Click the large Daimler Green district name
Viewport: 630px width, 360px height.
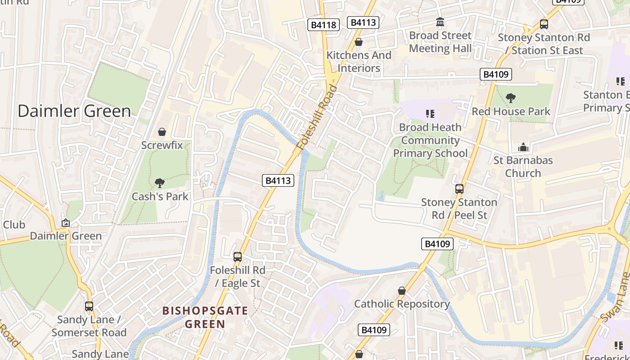74,111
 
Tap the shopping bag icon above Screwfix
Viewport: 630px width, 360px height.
162,132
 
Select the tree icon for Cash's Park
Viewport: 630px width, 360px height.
159,183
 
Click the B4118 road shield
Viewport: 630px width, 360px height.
324,25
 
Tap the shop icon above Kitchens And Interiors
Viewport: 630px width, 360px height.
359,42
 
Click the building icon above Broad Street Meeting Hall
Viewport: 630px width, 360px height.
440,22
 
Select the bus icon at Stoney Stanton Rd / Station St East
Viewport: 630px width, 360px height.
544,24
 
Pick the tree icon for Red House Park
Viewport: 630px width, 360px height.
510,98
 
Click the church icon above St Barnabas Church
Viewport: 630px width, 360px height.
523,147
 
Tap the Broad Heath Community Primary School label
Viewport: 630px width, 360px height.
430,140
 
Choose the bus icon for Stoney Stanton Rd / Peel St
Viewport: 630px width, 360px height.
459,189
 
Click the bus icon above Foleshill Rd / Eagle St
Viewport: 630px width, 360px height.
237,257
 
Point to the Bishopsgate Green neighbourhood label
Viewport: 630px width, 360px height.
205,317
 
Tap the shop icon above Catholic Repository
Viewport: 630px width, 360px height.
401,291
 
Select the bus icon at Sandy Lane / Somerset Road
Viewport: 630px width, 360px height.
89,306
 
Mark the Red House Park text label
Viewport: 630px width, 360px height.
511,111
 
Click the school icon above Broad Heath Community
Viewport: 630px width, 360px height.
430,113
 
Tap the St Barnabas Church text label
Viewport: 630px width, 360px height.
523,166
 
